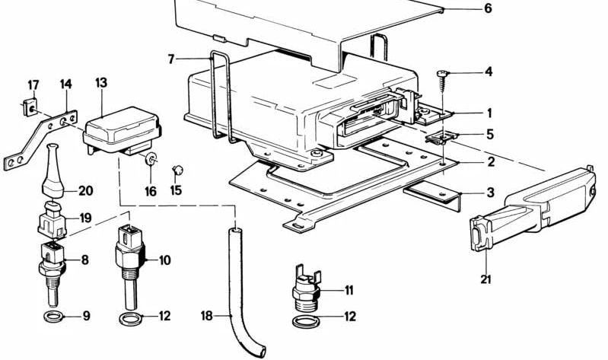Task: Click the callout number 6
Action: (488, 9)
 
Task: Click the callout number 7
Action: (172, 59)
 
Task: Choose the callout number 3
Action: (489, 193)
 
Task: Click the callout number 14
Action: (65, 84)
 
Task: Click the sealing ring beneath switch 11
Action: (306, 322)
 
